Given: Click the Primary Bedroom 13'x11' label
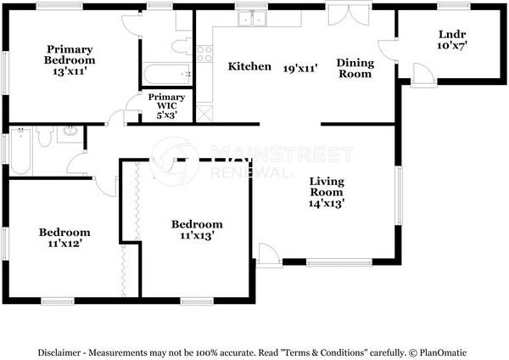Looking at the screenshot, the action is coord(70,60).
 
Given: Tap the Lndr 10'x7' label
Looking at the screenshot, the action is coord(452,40).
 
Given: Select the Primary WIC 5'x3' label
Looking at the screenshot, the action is coord(166,106).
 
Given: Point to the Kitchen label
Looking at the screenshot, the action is coord(249,66).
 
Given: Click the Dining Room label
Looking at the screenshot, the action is coord(355,68).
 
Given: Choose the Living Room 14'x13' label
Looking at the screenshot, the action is coord(327,192).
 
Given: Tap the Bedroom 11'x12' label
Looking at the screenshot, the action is coord(64,238).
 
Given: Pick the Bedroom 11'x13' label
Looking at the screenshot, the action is coord(197,229).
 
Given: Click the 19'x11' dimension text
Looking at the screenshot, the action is coord(300,68).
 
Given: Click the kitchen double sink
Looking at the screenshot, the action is coord(252,18).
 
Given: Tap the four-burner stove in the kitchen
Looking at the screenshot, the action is coord(204,54).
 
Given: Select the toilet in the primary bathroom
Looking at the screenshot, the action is coord(182,47).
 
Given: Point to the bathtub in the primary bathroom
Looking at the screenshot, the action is coord(167,74).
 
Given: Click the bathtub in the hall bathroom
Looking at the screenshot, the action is coord(21,151).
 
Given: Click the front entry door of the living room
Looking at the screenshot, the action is coord(269,255).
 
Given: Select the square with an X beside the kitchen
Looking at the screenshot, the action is coord(204,114).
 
